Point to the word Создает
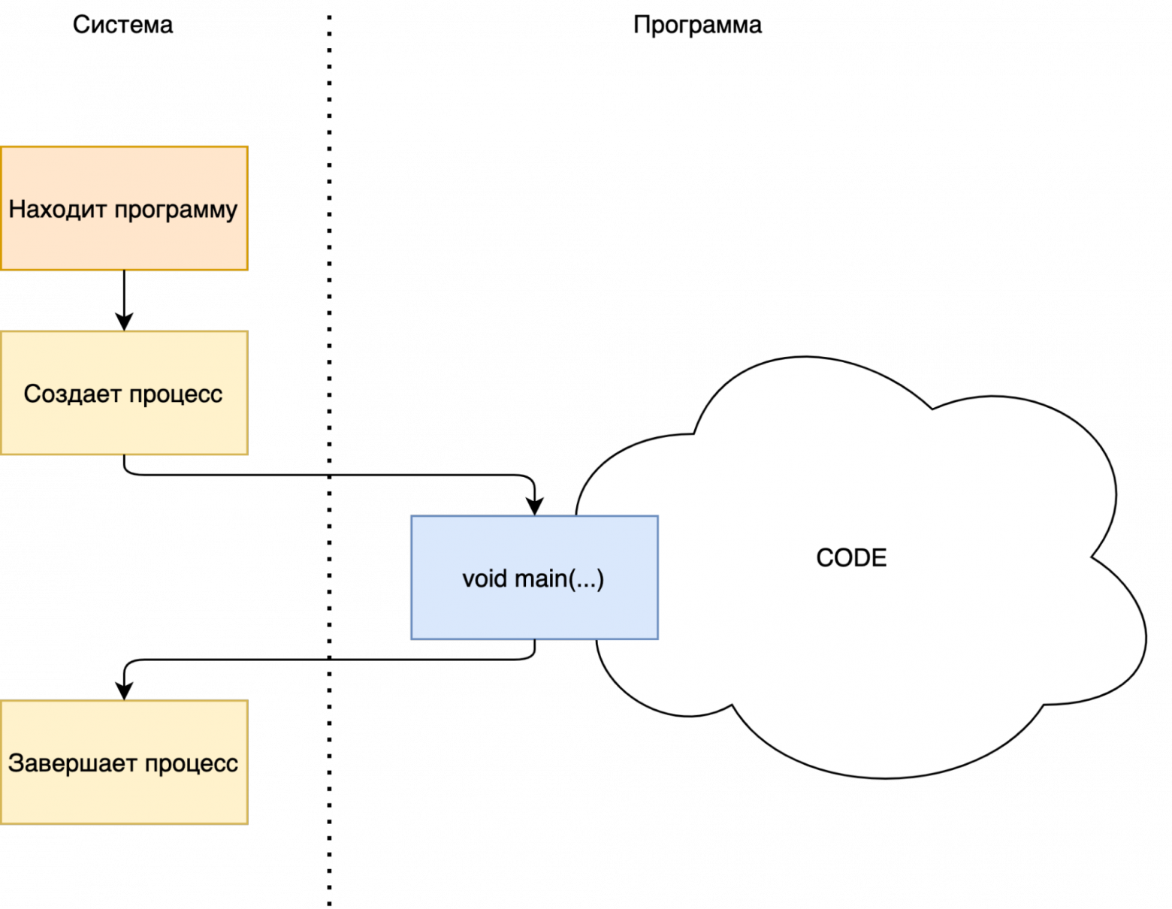[x=72, y=394]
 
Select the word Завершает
[x=72, y=763]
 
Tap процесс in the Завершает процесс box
[x=191, y=765]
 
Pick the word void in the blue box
[x=485, y=578]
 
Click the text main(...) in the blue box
[x=559, y=579]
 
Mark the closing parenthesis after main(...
[x=600, y=579]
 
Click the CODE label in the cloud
[x=851, y=558]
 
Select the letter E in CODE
[x=880, y=558]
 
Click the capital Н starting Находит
[x=16, y=209]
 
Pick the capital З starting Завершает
[x=15, y=763]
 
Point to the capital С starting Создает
[x=32, y=394]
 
